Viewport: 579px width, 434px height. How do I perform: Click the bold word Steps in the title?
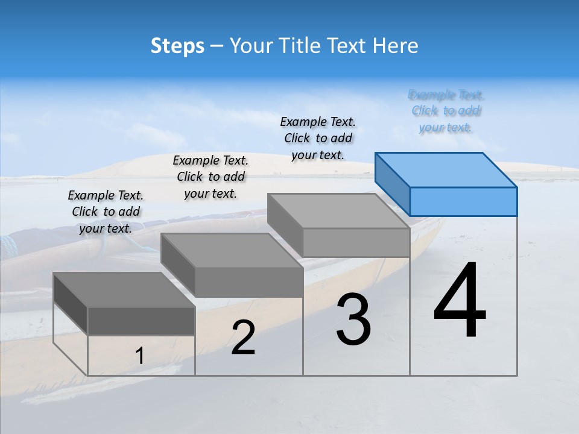tap(177, 46)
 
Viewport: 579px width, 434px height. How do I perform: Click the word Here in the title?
tap(395, 46)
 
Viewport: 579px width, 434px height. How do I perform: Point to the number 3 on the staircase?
tap(353, 319)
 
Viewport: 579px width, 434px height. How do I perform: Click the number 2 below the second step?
tap(243, 338)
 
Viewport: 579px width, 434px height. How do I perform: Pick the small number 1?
tap(139, 356)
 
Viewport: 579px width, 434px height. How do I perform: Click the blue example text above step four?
tap(446, 111)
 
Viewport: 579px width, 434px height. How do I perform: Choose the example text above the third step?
tap(318, 138)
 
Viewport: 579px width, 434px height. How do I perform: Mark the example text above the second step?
tap(210, 177)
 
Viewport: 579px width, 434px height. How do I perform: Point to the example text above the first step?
tap(106, 212)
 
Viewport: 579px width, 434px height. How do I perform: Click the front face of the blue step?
tap(463, 201)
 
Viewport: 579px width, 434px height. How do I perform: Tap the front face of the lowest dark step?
tap(141, 321)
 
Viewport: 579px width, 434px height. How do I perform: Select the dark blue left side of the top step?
tap(392, 184)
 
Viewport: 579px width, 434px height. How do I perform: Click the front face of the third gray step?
tap(356, 242)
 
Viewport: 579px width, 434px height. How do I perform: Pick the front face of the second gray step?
tap(248, 282)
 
